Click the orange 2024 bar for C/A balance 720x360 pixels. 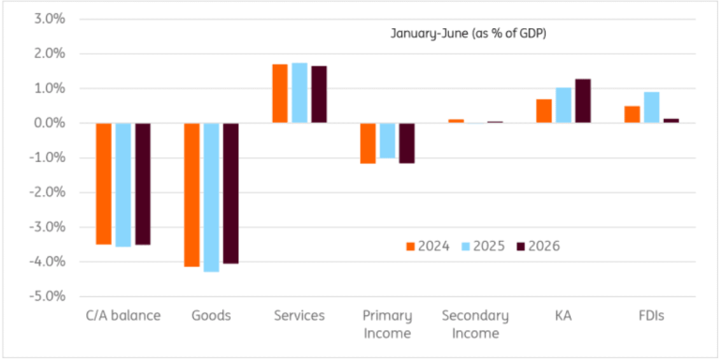[x=104, y=184]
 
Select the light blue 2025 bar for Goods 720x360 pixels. [x=211, y=198]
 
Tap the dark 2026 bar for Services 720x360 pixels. [x=319, y=94]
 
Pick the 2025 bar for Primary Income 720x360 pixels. [x=387, y=141]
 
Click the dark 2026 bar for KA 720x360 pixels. [x=583, y=101]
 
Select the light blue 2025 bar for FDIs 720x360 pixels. [x=652, y=108]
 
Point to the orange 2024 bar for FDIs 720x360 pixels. [x=632, y=114]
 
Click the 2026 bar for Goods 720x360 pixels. [x=231, y=193]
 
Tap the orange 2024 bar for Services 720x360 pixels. [x=279, y=94]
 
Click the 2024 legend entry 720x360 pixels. [x=427, y=247]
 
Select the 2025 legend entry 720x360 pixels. [x=483, y=247]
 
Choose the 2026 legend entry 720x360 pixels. [x=539, y=247]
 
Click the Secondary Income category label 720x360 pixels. [x=475, y=324]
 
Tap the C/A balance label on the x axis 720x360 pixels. [x=123, y=316]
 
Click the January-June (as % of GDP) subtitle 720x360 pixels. [x=469, y=35]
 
